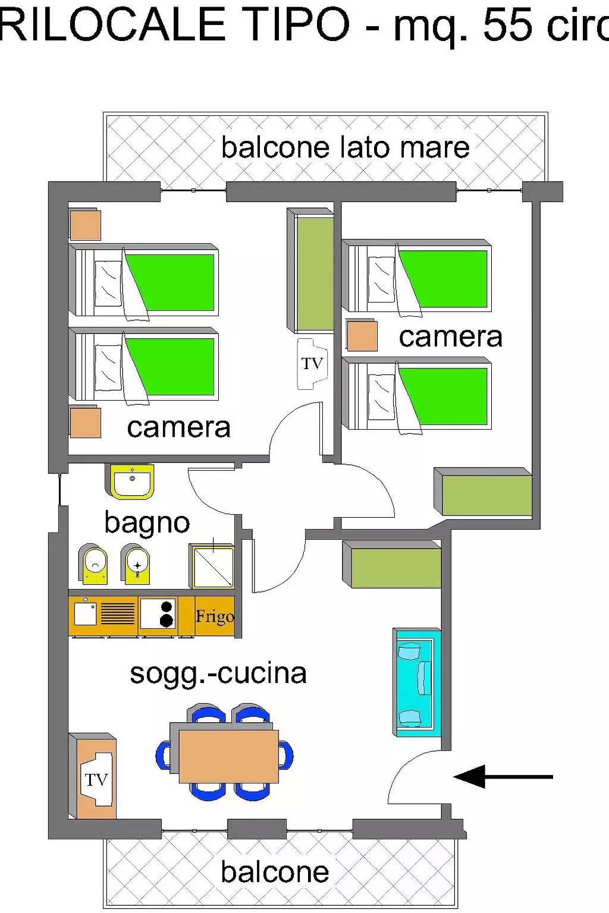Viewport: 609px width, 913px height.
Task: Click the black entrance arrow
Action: tap(503, 776)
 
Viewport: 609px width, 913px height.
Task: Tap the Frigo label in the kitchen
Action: tap(215, 616)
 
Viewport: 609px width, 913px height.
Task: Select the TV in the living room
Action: tap(96, 779)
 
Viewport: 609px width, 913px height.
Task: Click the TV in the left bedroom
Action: tap(312, 363)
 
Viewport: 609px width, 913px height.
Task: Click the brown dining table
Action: tap(228, 755)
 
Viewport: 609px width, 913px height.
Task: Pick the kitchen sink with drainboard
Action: tap(104, 613)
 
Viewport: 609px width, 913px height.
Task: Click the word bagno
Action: tap(147, 523)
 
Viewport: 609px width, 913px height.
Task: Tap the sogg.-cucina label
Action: tap(218, 673)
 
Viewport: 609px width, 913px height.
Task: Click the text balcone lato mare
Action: tap(345, 147)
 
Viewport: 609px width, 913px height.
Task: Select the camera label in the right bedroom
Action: tap(450, 337)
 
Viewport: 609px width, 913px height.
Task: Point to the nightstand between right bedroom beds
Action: tap(362, 336)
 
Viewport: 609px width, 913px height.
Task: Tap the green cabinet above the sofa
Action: tap(393, 565)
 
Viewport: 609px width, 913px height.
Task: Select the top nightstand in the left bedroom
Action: tap(85, 225)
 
